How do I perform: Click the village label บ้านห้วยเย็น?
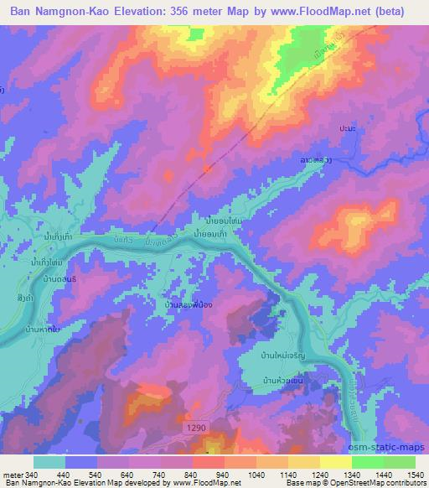pos(287,382)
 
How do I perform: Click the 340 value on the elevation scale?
pos(22,475)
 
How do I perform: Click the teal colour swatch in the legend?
pos(49,462)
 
